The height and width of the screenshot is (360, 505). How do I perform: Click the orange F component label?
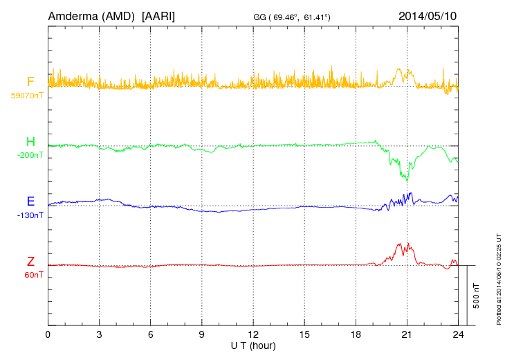(x=30, y=82)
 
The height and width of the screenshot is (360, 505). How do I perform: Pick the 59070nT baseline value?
(x=27, y=96)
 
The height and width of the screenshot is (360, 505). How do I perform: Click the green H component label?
(x=30, y=142)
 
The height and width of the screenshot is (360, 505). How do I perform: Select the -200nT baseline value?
(x=30, y=155)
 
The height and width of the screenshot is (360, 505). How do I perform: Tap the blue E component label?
(x=30, y=201)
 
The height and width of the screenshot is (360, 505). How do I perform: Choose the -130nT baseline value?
(x=30, y=215)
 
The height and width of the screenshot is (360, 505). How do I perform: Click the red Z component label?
(x=30, y=262)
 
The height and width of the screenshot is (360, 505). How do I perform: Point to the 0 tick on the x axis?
(x=48, y=334)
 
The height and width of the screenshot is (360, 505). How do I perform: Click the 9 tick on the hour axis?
(x=202, y=334)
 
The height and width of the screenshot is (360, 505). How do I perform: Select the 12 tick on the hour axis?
(x=253, y=334)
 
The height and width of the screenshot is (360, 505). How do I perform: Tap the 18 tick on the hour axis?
(x=356, y=334)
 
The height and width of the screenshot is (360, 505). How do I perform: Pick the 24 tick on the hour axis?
(x=457, y=334)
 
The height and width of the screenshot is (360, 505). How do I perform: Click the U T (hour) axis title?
(x=253, y=345)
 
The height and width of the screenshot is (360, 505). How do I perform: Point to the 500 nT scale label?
(x=477, y=296)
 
